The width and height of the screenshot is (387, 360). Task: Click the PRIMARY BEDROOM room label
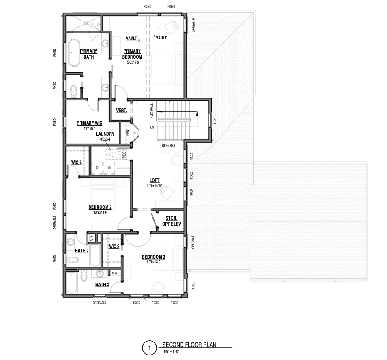[x=132, y=54]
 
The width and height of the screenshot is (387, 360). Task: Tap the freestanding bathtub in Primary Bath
[x=74, y=53]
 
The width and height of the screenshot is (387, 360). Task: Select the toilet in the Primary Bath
[x=74, y=91]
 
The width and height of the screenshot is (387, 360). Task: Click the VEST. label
[x=121, y=111]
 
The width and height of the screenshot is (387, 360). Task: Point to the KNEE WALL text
[x=152, y=111]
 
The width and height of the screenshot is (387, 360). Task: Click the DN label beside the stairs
[x=152, y=127]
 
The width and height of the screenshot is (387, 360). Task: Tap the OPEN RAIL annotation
[x=169, y=146]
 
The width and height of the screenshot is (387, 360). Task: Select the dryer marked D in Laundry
[x=97, y=168]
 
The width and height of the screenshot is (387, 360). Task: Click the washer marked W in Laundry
[x=109, y=168]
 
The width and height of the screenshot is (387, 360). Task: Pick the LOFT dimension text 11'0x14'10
[x=155, y=186]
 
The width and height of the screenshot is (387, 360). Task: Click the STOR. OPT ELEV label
[x=171, y=221]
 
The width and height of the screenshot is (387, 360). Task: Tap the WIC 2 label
[x=76, y=162]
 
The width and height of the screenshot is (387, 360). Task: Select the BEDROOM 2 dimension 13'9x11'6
[x=100, y=213]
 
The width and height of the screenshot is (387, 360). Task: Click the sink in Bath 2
[x=71, y=242]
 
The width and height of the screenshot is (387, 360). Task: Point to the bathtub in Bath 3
[x=72, y=283]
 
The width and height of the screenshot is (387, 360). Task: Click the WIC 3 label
[x=114, y=247]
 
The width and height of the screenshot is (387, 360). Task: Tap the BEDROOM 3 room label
[x=154, y=257]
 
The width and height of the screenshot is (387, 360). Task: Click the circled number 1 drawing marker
[x=150, y=348]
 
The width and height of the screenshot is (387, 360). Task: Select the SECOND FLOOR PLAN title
[x=189, y=345]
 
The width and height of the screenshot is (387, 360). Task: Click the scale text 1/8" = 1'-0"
[x=171, y=351]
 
